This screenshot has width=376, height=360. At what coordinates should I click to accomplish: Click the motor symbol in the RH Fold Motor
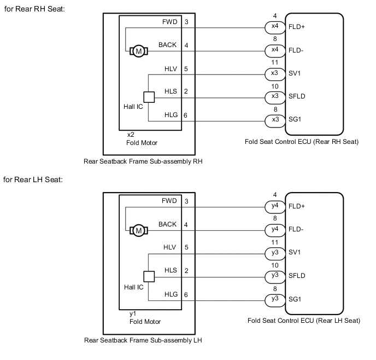pyautogui.click(x=138, y=51)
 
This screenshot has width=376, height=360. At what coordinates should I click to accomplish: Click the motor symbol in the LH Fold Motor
pyautogui.click(x=138, y=230)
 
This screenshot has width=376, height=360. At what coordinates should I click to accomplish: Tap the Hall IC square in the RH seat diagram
pyautogui.click(x=149, y=97)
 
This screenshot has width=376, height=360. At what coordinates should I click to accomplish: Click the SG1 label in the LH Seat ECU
pyautogui.click(x=295, y=299)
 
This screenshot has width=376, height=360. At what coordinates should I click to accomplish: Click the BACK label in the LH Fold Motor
pyautogui.click(x=168, y=224)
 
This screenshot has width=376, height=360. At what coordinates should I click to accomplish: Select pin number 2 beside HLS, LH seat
pyautogui.click(x=186, y=271)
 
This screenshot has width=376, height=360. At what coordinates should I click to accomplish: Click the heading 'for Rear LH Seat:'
pyautogui.click(x=33, y=179)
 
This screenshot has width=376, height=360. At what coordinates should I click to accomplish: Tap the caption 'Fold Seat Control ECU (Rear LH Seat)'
pyautogui.click(x=304, y=321)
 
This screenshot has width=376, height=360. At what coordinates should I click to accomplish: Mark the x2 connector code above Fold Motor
pyautogui.click(x=131, y=134)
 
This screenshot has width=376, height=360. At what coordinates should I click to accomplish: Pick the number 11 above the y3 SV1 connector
pyautogui.click(x=274, y=242)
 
